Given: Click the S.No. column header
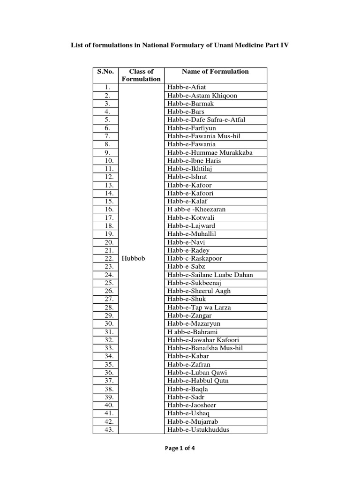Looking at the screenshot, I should [106, 72].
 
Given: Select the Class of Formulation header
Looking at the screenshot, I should [141, 75].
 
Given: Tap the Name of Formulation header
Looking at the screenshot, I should [215, 72].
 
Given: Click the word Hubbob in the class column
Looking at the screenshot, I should [134, 258].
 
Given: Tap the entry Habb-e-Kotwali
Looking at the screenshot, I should [190, 218].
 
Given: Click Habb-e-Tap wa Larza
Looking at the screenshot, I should [199, 307].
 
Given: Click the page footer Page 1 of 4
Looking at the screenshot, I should [180, 448].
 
